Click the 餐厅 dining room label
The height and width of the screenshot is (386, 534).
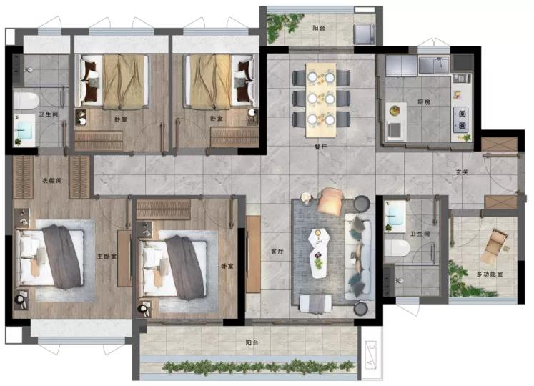[x=320, y=147]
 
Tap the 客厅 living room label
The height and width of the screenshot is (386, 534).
[x=277, y=252]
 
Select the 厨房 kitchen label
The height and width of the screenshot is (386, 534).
[x=424, y=102]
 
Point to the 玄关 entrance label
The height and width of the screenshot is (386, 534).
[x=462, y=172]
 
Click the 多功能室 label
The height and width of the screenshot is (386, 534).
[x=490, y=274]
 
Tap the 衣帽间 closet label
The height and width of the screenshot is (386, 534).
[x=51, y=180]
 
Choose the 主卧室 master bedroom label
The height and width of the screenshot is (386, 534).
[x=107, y=256]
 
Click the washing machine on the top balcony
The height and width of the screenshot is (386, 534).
[x=365, y=34]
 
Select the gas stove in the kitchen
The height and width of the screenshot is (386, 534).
[x=462, y=119]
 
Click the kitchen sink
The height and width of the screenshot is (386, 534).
[x=434, y=65]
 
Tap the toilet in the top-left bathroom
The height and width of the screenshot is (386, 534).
[x=26, y=101]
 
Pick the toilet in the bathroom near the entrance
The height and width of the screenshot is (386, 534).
[x=397, y=248]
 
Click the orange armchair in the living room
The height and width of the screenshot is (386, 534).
[x=331, y=202]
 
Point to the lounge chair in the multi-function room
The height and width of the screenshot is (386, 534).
[x=495, y=246]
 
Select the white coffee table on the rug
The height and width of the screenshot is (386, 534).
[x=318, y=252]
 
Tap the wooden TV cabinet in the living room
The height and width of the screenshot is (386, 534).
[x=253, y=254]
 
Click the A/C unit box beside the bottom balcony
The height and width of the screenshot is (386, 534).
[x=371, y=356]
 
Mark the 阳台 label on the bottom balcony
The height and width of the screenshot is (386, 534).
[x=252, y=342]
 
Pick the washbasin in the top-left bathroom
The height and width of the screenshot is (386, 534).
[x=24, y=130]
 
